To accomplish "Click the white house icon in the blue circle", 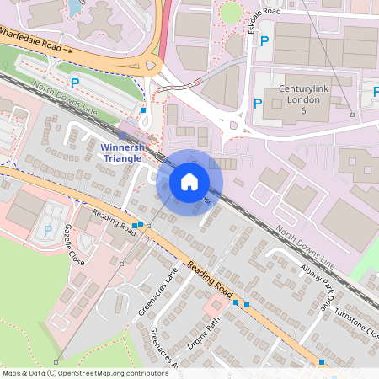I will pos(189,180).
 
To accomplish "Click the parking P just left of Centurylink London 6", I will pos(258,104).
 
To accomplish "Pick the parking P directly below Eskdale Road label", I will pos(263,40).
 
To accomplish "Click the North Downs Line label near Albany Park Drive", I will pos(306,248).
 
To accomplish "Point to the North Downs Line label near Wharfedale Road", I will pos(63,97).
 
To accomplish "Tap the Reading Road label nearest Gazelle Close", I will pos(115,222).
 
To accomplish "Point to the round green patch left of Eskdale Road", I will pos(230,13).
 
